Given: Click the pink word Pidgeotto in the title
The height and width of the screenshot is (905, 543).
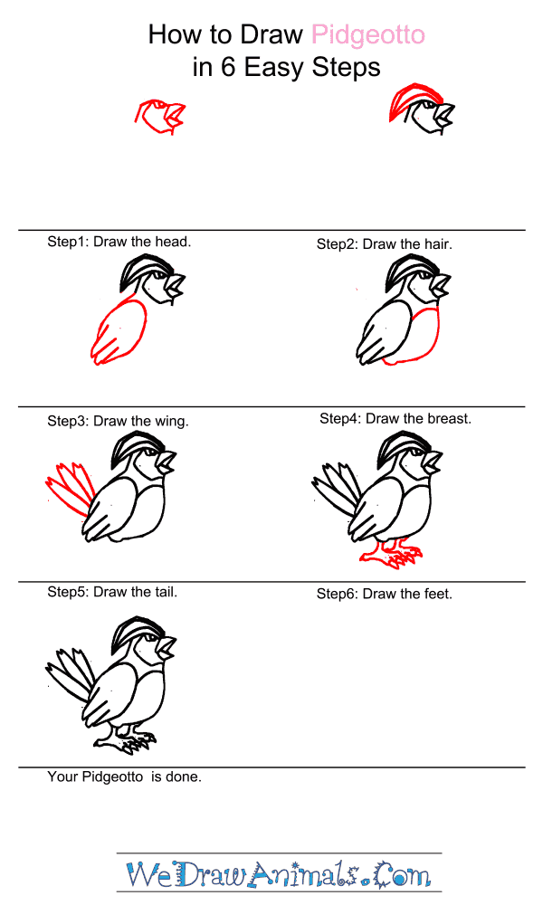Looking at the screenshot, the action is [x=368, y=36].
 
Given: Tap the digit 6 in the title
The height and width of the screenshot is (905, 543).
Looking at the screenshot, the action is [x=228, y=67].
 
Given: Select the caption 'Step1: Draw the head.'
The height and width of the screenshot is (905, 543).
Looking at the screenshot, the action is [x=119, y=242].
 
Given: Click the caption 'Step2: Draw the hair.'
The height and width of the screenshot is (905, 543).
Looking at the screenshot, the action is [x=385, y=244].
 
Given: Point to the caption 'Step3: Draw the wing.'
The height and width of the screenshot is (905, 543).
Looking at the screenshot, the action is [x=118, y=422].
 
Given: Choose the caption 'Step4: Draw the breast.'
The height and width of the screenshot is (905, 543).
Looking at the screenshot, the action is [x=395, y=418].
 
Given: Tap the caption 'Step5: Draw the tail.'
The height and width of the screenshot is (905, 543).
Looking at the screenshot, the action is [x=112, y=592].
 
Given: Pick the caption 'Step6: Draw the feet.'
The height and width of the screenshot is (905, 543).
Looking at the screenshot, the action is [x=385, y=594].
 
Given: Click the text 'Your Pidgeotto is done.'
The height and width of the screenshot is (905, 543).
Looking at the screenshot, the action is [x=125, y=776].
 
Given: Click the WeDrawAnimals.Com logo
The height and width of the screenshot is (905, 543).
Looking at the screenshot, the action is [x=279, y=874].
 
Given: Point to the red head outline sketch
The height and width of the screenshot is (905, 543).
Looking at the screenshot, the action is [x=160, y=116].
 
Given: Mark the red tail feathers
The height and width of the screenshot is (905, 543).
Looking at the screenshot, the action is [x=71, y=488].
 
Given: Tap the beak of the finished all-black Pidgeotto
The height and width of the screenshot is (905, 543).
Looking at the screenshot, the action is [x=167, y=647].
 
